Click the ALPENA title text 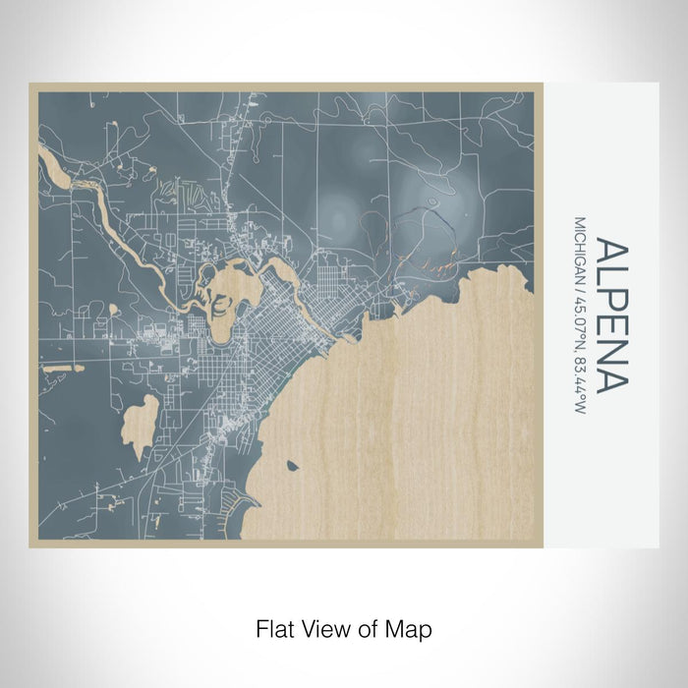[609, 315]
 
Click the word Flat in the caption [276, 628]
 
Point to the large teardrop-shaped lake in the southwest [143, 423]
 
